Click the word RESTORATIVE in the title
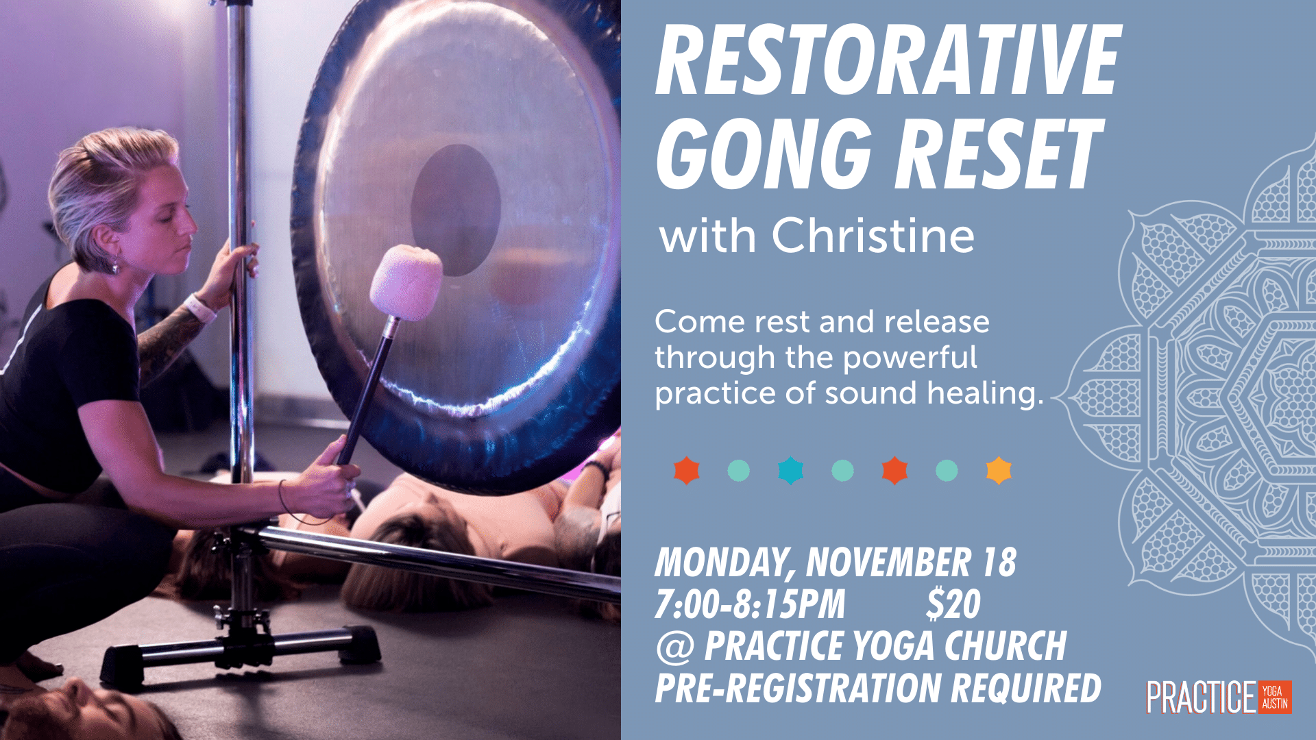point(888,60)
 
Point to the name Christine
point(873,236)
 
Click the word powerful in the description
point(910,358)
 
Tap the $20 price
point(953,604)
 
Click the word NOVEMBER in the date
point(888,563)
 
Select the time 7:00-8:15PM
point(750,604)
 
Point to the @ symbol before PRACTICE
point(675,647)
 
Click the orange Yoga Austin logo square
point(1275,698)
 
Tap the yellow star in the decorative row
point(999,471)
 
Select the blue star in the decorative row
point(790,471)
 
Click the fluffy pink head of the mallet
point(406,283)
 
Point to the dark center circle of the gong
point(456,210)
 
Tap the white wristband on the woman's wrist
point(199,306)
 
